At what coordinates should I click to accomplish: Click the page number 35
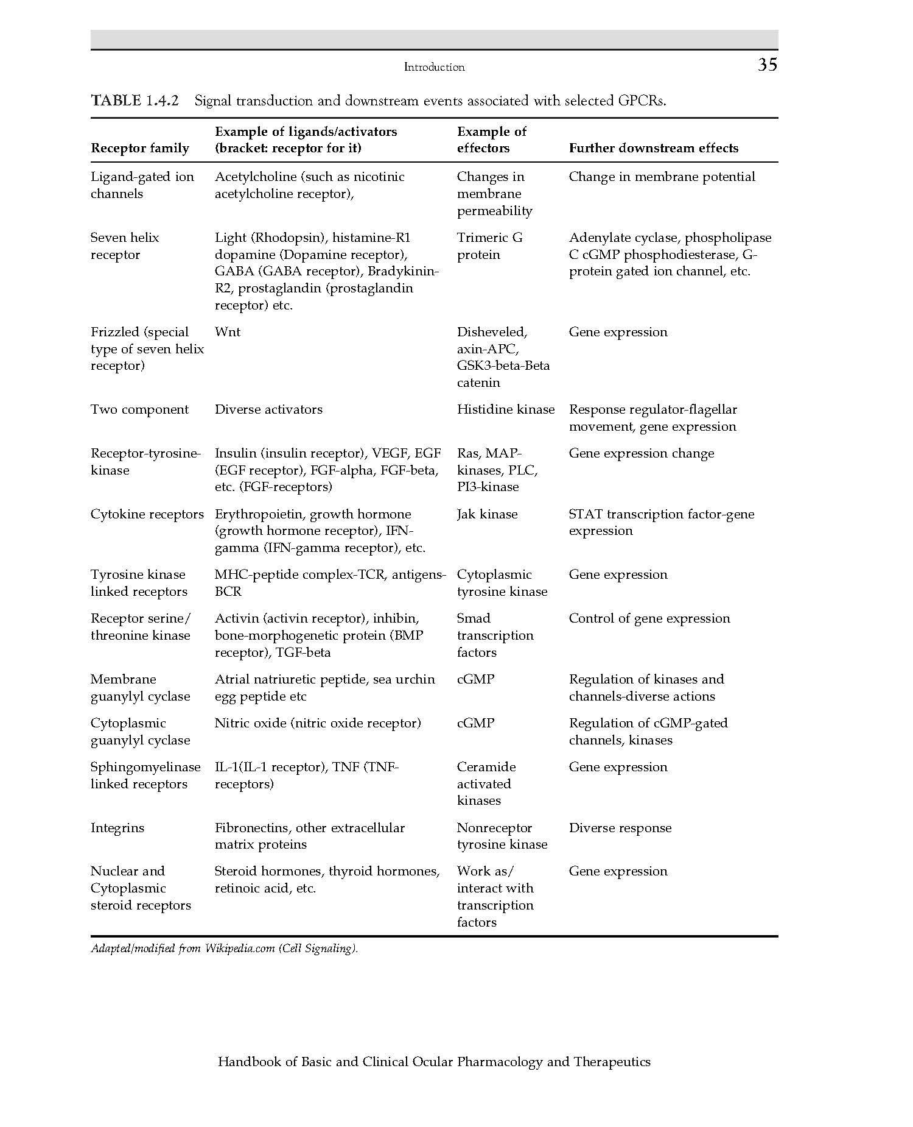pos(767,65)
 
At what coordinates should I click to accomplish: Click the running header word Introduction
pos(434,67)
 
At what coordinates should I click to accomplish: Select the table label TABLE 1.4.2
pos(135,101)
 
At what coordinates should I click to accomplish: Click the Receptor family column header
pos(139,148)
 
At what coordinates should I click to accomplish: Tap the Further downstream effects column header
pos(653,148)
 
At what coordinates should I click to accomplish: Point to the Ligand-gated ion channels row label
pos(142,185)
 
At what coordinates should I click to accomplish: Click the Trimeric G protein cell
pos(489,246)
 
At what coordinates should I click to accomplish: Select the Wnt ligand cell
pos(227,332)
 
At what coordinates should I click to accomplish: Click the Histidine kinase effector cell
pos(505,409)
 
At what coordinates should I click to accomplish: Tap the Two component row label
pos(139,409)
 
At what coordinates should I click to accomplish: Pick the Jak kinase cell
pos(487,514)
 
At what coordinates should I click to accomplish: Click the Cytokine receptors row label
pos(147,514)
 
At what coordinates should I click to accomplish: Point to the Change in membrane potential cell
pos(662,177)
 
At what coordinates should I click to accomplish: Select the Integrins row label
pos(117,828)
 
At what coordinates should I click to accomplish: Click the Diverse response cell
pos(620,828)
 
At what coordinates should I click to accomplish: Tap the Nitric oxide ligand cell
pos(317,723)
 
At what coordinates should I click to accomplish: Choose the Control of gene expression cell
pos(649,618)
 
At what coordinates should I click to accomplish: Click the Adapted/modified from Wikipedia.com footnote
pos(224,949)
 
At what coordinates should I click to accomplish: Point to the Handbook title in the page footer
pos(434,1062)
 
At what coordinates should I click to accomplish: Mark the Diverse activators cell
pos(268,409)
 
